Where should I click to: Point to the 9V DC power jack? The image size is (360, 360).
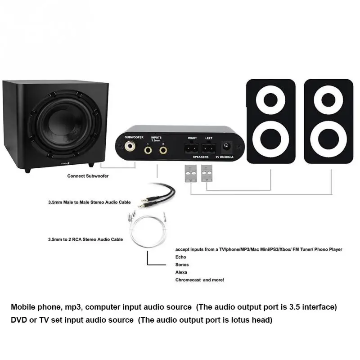227,146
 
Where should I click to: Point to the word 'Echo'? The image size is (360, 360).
180,257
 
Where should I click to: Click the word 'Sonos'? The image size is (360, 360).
182,265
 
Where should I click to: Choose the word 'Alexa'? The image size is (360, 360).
181,272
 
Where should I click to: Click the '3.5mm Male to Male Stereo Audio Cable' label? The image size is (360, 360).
89,202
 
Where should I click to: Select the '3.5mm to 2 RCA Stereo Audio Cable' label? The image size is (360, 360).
85,239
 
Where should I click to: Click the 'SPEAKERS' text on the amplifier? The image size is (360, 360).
201,157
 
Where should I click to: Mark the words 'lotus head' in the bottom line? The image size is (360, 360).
252,320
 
